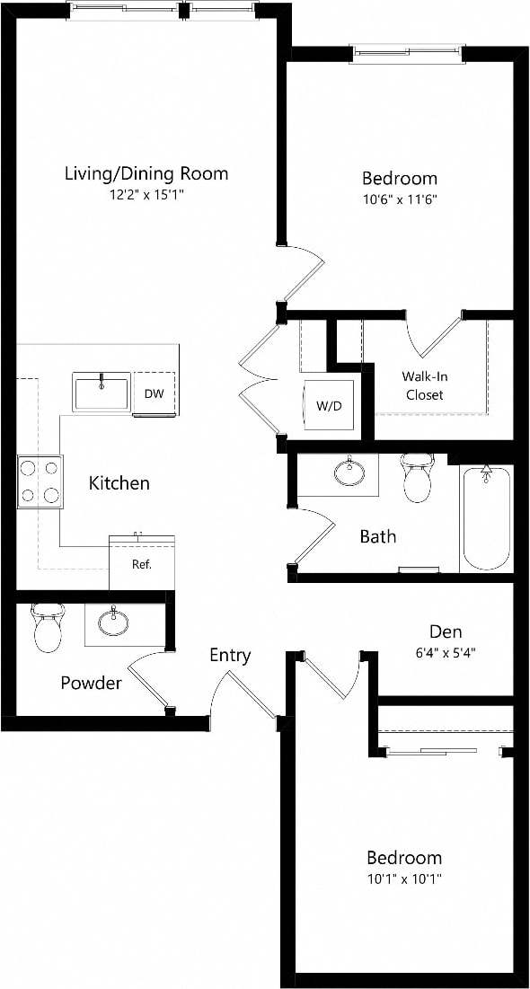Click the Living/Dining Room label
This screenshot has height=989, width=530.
(x=146, y=173)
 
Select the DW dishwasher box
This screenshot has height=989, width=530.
(x=154, y=393)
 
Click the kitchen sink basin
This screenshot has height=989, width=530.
(x=102, y=393)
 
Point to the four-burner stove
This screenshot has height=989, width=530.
(x=40, y=481)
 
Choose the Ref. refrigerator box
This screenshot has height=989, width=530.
(x=141, y=564)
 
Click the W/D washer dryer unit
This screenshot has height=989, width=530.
(x=329, y=405)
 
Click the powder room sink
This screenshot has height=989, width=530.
(x=113, y=621)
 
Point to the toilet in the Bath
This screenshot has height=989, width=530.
(x=417, y=477)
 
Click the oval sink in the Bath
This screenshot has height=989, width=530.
(x=347, y=471)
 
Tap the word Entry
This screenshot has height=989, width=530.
(x=230, y=656)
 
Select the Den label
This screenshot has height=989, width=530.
(x=446, y=631)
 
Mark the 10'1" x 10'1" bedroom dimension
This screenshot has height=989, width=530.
(x=404, y=879)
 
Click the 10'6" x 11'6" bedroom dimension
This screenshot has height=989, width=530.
(x=399, y=199)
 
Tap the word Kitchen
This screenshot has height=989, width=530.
(x=119, y=483)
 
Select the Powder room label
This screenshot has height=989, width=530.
(x=91, y=684)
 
